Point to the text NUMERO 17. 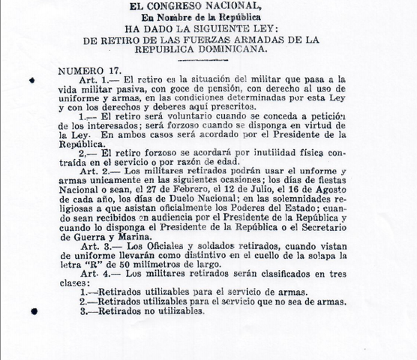[x=84, y=70]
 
